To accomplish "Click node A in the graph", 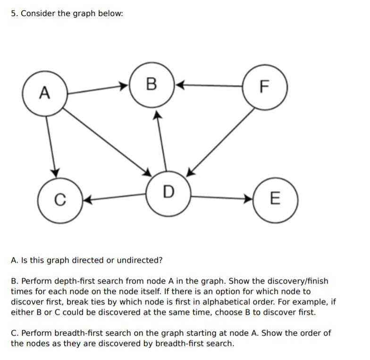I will [x=44, y=93].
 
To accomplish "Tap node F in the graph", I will [x=264, y=87].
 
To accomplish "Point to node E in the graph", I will [x=276, y=198].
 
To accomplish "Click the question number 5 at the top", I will [x=14, y=13].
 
